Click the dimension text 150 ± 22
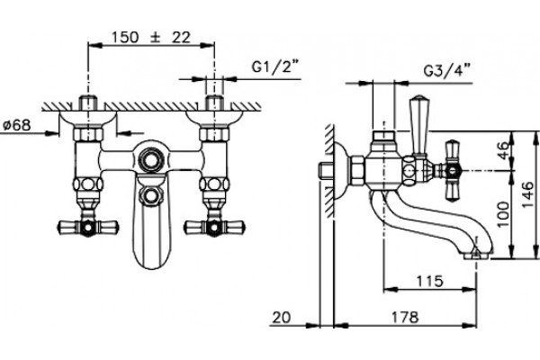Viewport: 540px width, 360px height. pyautogui.click(x=151, y=37)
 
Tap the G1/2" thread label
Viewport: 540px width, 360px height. pyautogui.click(x=274, y=67)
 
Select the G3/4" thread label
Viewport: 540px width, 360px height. pyautogui.click(x=446, y=71)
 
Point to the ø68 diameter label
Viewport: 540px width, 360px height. pyautogui.click(x=16, y=125)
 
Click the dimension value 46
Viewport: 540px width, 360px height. pyautogui.click(x=503, y=150)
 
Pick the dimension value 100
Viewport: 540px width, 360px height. pyautogui.click(x=503, y=214)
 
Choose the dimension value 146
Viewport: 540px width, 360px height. pyautogui.click(x=527, y=195)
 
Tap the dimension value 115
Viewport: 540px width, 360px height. pyautogui.click(x=429, y=282)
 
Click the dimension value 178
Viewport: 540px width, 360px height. pyautogui.click(x=405, y=318)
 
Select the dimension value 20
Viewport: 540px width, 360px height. pyautogui.click(x=282, y=318)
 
